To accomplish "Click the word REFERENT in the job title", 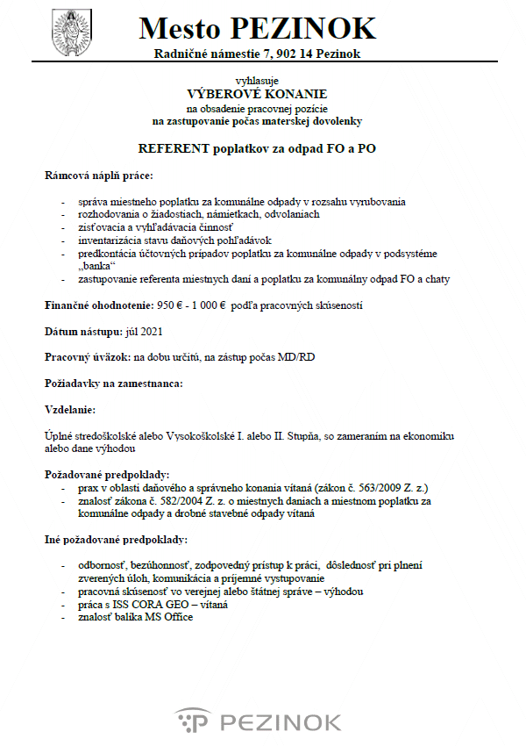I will tap(181, 149).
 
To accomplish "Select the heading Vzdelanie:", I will tap(71, 409).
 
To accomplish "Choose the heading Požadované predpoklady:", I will tap(106, 474).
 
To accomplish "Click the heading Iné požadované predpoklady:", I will tap(116, 538).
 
